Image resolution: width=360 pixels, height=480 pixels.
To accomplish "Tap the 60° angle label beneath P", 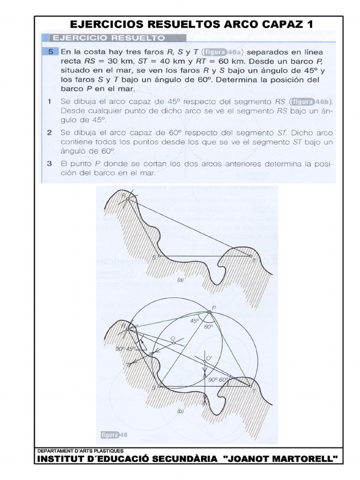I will (x=209, y=327).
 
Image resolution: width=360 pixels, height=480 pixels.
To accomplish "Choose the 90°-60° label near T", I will (x=218, y=379).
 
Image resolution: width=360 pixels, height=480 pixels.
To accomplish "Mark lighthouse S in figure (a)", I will (x=159, y=256).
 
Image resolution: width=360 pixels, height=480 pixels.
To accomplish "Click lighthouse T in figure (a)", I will (x=250, y=256).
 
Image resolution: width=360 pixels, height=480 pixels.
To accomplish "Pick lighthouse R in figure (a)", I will (x=127, y=198).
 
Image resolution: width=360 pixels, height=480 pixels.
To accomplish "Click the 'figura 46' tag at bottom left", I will (x=112, y=435).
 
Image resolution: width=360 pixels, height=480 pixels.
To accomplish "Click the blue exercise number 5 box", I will (x=49, y=52).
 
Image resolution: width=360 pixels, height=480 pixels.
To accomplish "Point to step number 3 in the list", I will (x=49, y=165).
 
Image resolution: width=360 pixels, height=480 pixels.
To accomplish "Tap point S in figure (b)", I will (x=159, y=387).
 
